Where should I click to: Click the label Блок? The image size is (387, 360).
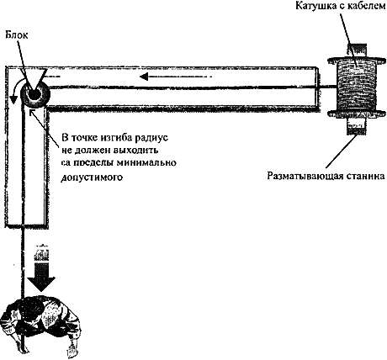17,35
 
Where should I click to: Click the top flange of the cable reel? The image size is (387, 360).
357,60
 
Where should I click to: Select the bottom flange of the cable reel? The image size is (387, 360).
357,114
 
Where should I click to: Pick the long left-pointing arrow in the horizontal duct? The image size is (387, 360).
176,76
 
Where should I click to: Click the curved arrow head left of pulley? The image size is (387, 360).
13,99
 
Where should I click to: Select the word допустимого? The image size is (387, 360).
92,177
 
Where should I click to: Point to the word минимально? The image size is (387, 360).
146,162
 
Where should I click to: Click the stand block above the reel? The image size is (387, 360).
357,50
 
